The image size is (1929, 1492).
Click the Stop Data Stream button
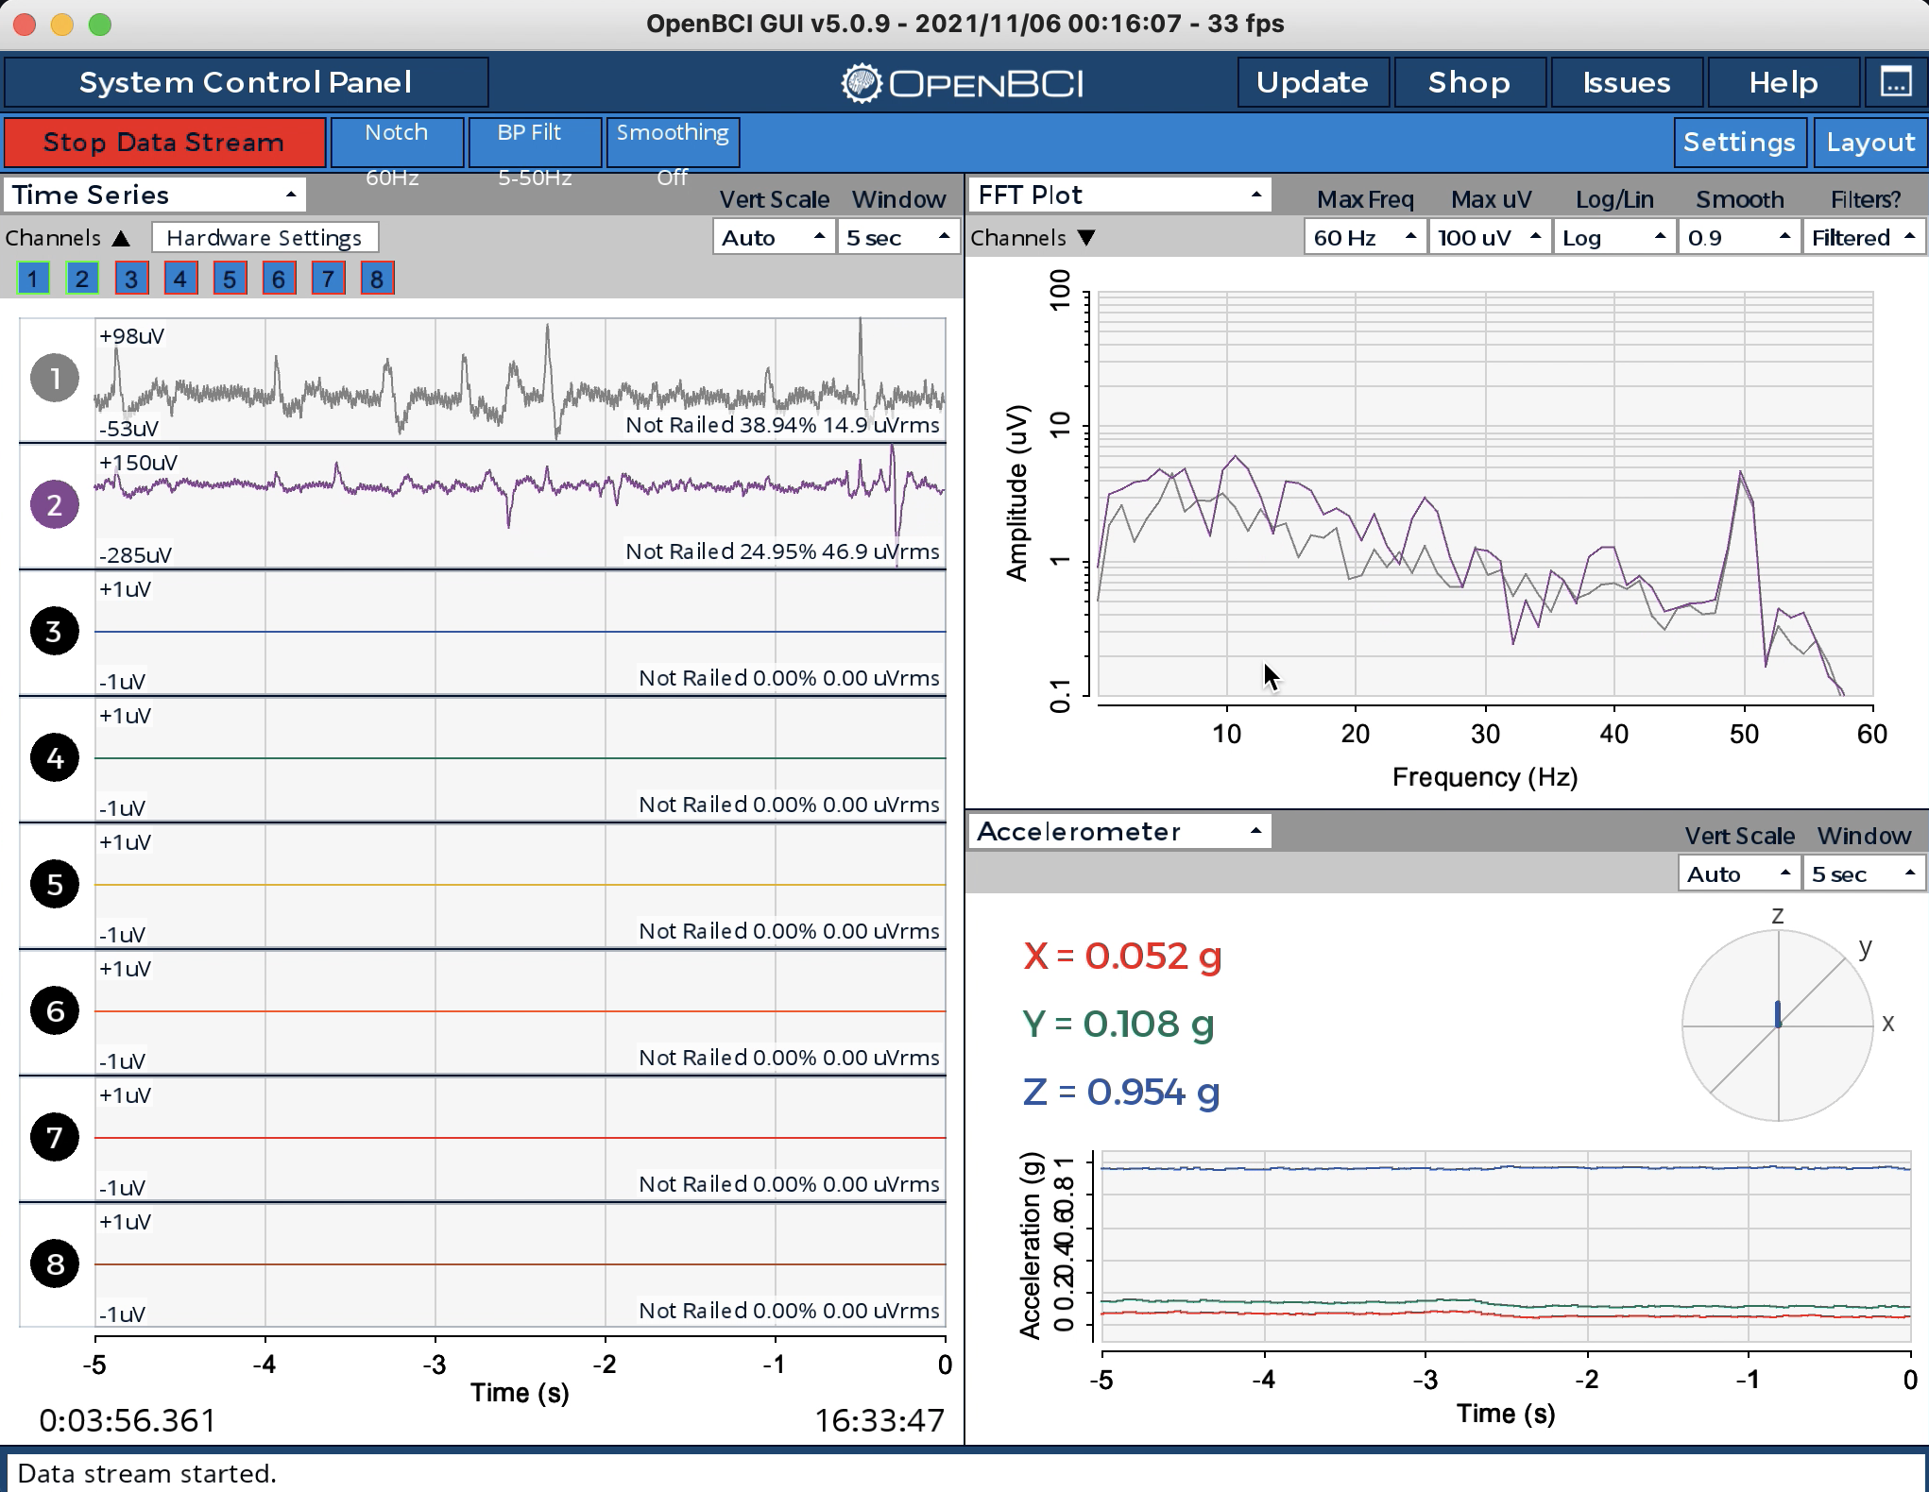click(164, 142)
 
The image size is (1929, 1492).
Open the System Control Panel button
click(246, 82)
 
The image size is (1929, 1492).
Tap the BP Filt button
click(535, 142)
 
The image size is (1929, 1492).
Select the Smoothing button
click(673, 142)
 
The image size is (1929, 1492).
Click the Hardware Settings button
click(265, 238)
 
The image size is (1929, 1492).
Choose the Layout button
click(1870, 143)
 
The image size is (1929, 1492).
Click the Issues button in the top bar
click(1627, 83)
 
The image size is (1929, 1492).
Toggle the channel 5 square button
click(230, 279)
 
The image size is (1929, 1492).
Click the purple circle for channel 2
click(55, 504)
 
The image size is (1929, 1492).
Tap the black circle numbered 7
click(55, 1137)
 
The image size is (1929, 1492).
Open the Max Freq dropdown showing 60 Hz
click(1364, 238)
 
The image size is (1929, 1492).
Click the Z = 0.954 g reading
click(1121, 1093)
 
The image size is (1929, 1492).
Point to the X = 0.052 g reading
click(1122, 957)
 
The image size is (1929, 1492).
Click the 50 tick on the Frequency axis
click(1744, 734)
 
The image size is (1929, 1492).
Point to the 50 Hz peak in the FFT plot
click(1741, 472)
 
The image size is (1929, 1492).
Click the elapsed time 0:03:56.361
click(128, 1420)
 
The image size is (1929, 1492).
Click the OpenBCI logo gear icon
click(861, 83)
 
